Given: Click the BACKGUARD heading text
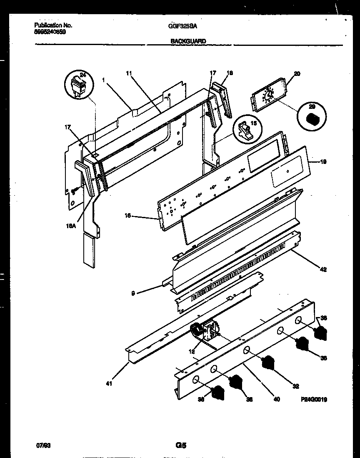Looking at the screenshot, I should [187, 41].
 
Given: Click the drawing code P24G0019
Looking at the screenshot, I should [314, 399].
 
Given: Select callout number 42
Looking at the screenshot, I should [323, 269].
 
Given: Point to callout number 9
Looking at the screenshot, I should [133, 293].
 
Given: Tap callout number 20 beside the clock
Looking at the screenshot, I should [297, 74].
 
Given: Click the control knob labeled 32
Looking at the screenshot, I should [270, 362].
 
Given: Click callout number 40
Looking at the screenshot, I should [277, 399].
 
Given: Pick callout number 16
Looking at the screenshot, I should [128, 215].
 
